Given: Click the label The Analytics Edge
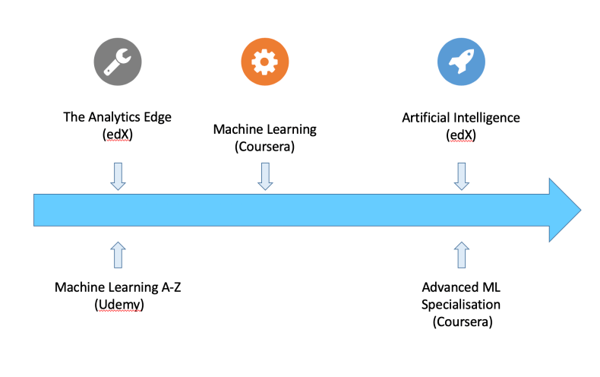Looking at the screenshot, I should pyautogui.click(x=117, y=118).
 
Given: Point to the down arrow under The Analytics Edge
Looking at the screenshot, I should pyautogui.click(x=117, y=176).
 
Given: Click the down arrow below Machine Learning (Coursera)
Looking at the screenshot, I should pyautogui.click(x=265, y=176).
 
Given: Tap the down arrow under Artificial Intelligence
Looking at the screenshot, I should pyautogui.click(x=461, y=176).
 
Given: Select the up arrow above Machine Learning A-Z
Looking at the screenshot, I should pyautogui.click(x=117, y=255).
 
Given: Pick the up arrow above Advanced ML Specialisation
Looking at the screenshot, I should pyautogui.click(x=461, y=255).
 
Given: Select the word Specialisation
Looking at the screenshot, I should pyautogui.click(x=462, y=304).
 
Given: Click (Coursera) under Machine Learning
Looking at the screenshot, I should pyautogui.click(x=265, y=146).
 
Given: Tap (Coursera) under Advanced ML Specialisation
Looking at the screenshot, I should pyautogui.click(x=462, y=322).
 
